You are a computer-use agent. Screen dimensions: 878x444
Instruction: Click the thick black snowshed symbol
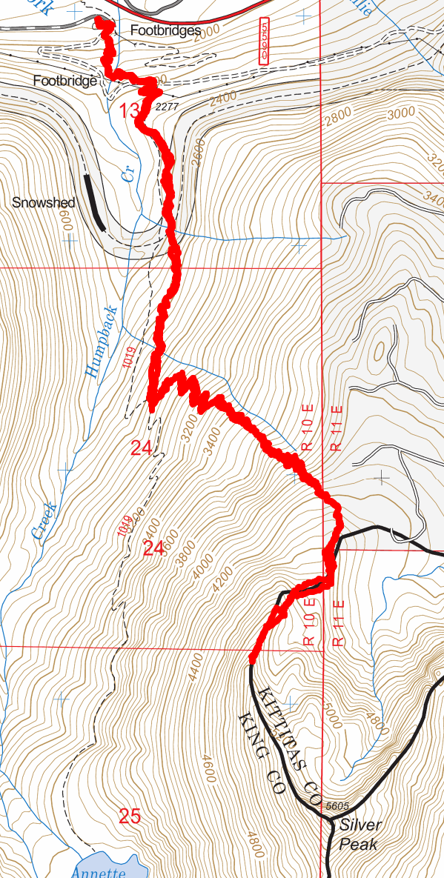pos(95,201)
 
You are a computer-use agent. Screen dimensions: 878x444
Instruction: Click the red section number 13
pos(128,112)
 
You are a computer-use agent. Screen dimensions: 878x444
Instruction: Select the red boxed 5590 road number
pos(265,40)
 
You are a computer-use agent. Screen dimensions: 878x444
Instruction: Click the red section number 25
pos(130,817)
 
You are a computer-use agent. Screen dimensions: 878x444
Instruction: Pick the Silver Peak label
pos(360,834)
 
